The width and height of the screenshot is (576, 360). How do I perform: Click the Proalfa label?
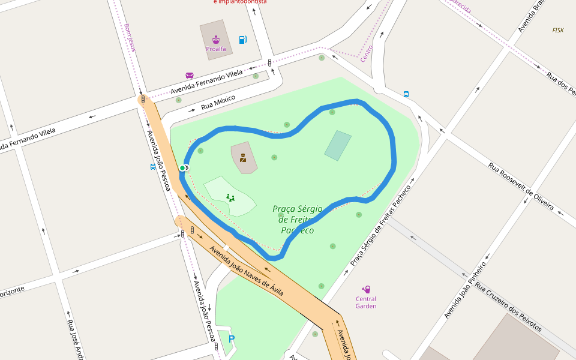click(x=215, y=49)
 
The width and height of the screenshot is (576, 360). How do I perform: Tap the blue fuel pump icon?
click(x=242, y=40)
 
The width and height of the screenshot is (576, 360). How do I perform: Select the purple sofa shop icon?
click(x=190, y=76)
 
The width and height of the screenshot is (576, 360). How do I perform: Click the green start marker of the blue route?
click(x=182, y=168)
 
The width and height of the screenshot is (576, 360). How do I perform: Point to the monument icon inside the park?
click(x=243, y=158)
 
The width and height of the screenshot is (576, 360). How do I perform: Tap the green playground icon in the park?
click(x=230, y=197)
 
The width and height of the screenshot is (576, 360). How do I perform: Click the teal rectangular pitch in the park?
click(x=338, y=146)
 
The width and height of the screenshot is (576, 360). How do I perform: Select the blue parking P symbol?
click(x=232, y=339)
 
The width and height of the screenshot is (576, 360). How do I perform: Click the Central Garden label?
click(x=366, y=302)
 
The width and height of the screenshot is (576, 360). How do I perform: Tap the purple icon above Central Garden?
click(x=366, y=289)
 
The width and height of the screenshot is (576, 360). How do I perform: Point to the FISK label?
click(x=558, y=30)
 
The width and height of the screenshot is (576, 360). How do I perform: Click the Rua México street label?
click(x=218, y=103)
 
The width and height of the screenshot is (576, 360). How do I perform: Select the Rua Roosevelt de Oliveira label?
click(x=520, y=186)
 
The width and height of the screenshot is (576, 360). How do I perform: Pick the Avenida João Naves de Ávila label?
click(x=246, y=271)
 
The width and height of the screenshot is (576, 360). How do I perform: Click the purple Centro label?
click(x=367, y=53)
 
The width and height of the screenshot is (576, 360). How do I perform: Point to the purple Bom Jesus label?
click(x=129, y=37)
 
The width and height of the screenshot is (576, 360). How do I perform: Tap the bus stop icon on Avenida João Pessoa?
click(x=154, y=167)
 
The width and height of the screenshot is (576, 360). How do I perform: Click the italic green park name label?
click(x=297, y=219)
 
